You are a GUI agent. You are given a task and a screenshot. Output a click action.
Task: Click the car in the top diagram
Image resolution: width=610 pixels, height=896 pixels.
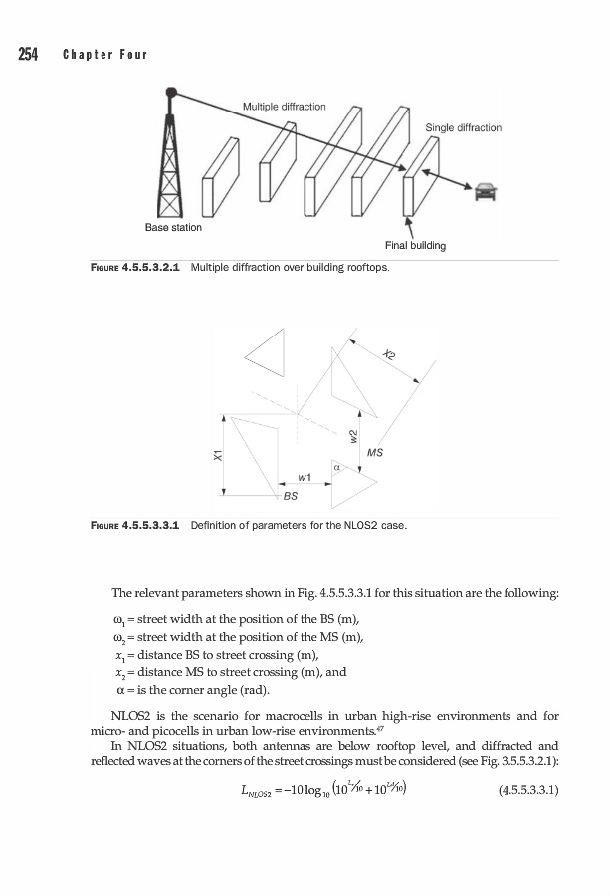485,191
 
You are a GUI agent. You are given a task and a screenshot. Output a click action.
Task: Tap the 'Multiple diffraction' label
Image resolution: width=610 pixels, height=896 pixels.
284,107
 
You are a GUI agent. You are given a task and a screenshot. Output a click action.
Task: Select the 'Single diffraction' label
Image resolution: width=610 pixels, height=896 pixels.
463,127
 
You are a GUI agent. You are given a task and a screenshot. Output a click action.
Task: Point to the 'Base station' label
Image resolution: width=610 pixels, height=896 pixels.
173,228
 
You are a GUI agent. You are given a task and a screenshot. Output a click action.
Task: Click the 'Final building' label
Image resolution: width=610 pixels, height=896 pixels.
414,245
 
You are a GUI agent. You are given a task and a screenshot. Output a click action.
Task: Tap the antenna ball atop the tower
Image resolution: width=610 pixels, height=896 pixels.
171,91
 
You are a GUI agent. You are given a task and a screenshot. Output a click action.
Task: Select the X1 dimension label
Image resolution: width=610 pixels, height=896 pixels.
217,454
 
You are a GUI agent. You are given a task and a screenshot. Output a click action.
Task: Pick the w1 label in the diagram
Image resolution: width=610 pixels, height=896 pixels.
305,477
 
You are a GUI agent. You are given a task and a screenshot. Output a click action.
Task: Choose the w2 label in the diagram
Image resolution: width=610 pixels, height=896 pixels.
353,435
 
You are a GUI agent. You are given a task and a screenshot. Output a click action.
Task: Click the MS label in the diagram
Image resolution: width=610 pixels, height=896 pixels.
375,453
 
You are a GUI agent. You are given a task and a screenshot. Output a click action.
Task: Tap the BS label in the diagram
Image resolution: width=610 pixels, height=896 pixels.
291,494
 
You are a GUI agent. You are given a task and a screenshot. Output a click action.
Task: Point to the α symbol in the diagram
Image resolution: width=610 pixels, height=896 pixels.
336,465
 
